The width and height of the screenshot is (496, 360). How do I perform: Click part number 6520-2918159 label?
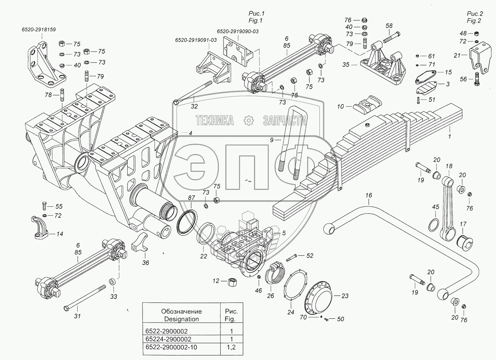(x=39, y=29)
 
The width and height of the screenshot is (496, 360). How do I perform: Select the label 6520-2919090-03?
(x=238, y=31)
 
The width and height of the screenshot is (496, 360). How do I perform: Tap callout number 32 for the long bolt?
(x=194, y=106)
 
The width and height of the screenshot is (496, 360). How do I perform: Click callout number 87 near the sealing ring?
(x=191, y=198)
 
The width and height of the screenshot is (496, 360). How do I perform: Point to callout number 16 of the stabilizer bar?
(x=369, y=195)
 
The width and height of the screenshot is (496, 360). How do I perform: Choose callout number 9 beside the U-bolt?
(x=272, y=140)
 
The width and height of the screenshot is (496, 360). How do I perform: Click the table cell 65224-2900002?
(x=168, y=339)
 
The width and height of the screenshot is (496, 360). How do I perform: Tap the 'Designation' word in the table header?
(x=182, y=319)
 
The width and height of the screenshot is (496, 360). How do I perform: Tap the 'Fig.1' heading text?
(x=256, y=21)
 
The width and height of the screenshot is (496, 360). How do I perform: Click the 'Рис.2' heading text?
(x=475, y=14)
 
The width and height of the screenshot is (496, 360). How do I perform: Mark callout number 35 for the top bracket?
(x=346, y=65)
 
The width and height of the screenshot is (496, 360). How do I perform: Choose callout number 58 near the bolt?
(x=389, y=26)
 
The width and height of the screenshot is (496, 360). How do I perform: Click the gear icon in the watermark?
(x=248, y=120)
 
